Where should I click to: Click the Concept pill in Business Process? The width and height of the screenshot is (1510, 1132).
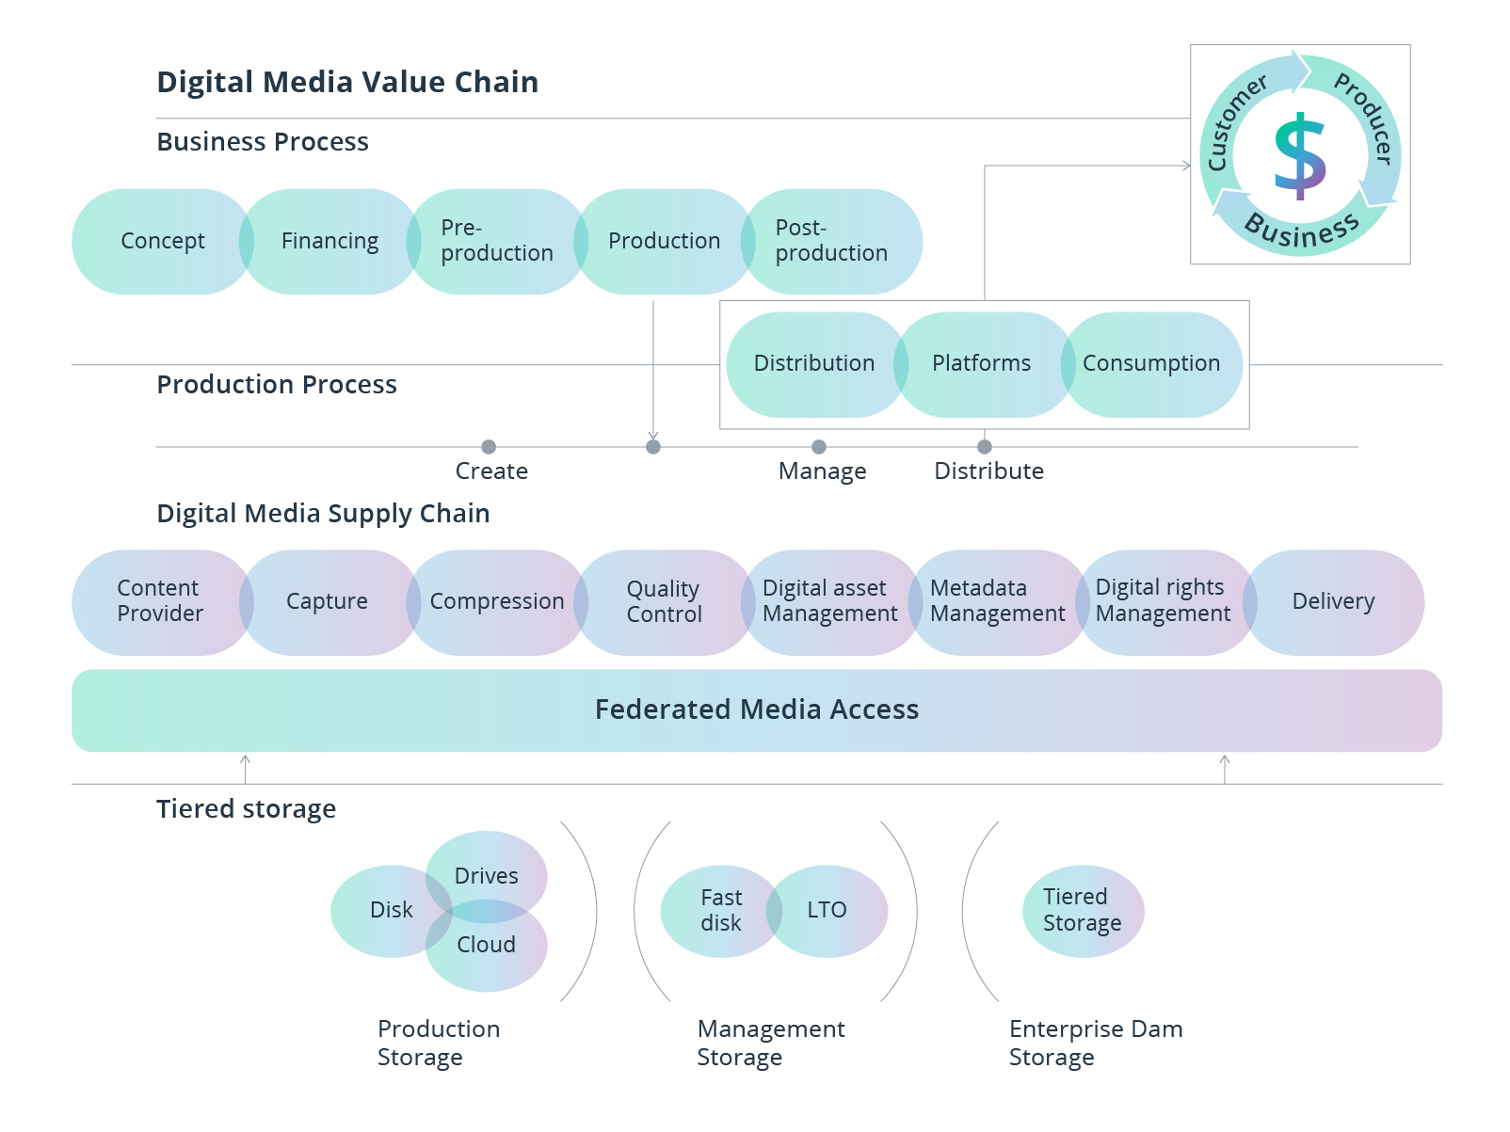click(x=162, y=242)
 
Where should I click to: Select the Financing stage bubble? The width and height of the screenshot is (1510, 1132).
click(x=329, y=242)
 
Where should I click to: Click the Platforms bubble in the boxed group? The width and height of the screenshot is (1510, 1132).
click(x=982, y=364)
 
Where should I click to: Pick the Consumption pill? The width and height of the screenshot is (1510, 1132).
click(x=1151, y=364)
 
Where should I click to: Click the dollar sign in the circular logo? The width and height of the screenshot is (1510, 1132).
click(x=1300, y=156)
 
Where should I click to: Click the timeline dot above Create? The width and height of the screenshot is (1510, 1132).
click(x=489, y=447)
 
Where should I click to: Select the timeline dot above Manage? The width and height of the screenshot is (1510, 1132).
click(x=819, y=447)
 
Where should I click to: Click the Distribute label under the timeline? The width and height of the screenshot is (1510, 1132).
click(x=988, y=471)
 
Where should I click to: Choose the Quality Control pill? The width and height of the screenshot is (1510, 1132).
click(x=664, y=602)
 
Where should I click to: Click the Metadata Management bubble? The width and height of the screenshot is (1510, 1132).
click(x=998, y=602)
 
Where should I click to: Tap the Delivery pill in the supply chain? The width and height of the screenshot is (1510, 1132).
click(x=1333, y=602)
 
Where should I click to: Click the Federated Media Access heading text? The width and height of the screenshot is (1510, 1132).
click(x=757, y=709)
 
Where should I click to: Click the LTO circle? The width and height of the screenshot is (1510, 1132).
click(x=827, y=911)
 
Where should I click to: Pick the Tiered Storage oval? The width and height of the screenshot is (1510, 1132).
click(x=1083, y=911)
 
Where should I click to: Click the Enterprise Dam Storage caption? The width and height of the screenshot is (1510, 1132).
click(x=1096, y=1043)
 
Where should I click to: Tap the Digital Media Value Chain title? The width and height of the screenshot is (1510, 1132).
click(x=347, y=83)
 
